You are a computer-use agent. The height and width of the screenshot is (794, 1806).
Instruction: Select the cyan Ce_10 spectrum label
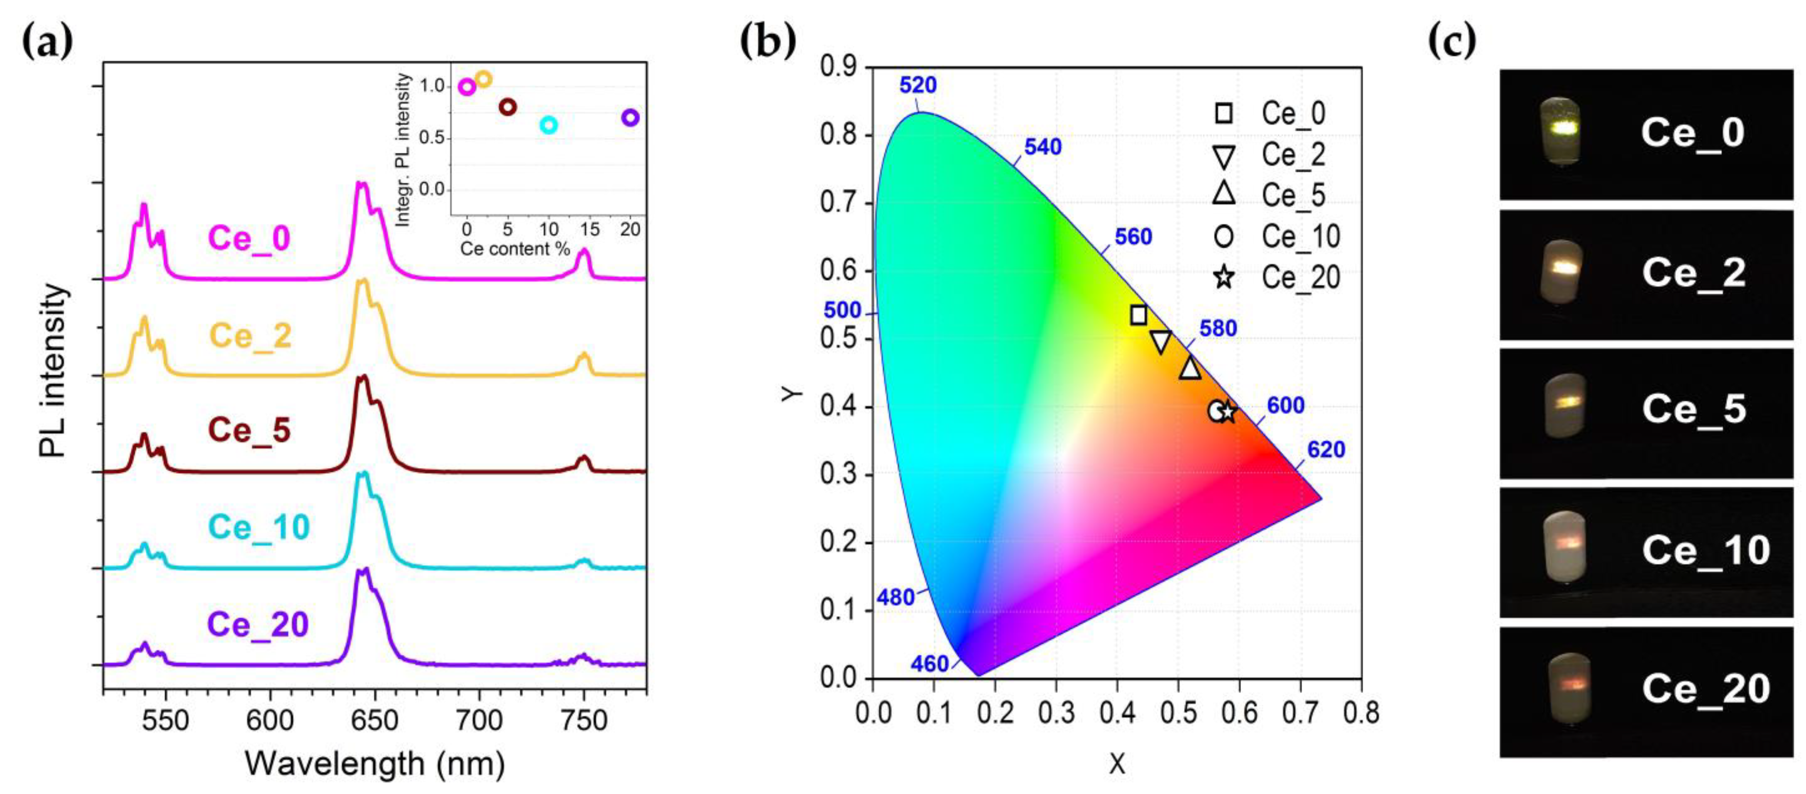coord(259,527)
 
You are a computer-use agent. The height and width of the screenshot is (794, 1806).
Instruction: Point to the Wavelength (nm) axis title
coord(374,763)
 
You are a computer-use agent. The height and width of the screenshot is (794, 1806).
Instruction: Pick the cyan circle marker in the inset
coord(548,125)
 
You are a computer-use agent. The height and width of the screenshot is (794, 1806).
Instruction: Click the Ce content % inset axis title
coord(515,249)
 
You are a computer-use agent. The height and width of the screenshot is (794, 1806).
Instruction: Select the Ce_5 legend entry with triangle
coord(1269,195)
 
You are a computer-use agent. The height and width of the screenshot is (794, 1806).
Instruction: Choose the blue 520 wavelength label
coord(918,86)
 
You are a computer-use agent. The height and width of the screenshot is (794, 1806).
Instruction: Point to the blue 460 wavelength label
coord(929,663)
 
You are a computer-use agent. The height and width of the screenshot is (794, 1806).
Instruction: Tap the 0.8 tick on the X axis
coord(1361,713)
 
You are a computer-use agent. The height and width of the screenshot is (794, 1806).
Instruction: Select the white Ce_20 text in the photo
coord(1706,689)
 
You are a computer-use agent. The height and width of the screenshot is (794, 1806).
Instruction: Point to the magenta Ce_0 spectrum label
coord(250,238)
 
